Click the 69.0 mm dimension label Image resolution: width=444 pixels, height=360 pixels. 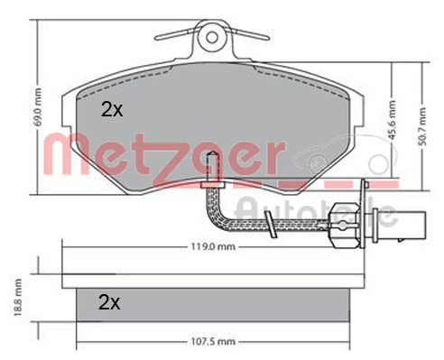37,106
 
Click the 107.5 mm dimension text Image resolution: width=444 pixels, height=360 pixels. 214,341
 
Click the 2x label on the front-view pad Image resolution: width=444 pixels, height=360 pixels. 110,111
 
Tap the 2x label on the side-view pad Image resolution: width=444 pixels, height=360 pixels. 108,301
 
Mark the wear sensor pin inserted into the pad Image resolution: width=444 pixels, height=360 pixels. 209,168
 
